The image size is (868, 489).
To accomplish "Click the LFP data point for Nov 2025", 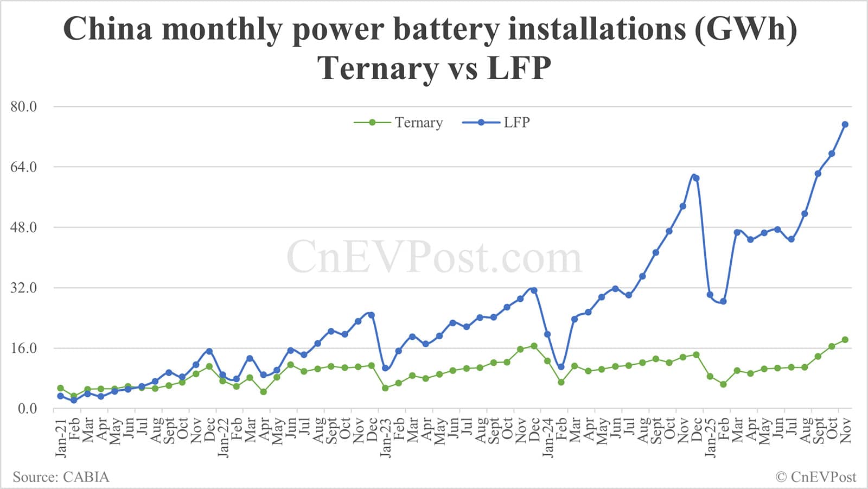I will click(845, 125).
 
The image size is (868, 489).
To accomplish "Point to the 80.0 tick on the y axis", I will click(24, 107).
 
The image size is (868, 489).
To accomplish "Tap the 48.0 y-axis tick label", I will click(24, 227).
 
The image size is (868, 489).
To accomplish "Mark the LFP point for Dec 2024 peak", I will click(696, 178).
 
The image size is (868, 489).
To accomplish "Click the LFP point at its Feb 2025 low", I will click(723, 301).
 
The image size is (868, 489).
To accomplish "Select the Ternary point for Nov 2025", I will click(845, 340).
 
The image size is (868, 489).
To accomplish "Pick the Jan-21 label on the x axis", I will click(61, 437).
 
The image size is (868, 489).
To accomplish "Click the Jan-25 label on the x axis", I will click(710, 437).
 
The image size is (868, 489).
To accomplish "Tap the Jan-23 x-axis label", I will click(385, 437).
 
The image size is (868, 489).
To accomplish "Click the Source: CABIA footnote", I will click(61, 477).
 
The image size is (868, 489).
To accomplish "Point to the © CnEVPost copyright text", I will click(815, 477).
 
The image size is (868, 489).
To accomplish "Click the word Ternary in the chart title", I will click(378, 68).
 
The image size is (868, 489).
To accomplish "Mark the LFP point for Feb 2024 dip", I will click(561, 367).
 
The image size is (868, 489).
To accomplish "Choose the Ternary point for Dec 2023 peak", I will click(534, 346).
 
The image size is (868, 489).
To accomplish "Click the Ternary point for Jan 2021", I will click(60, 388).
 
